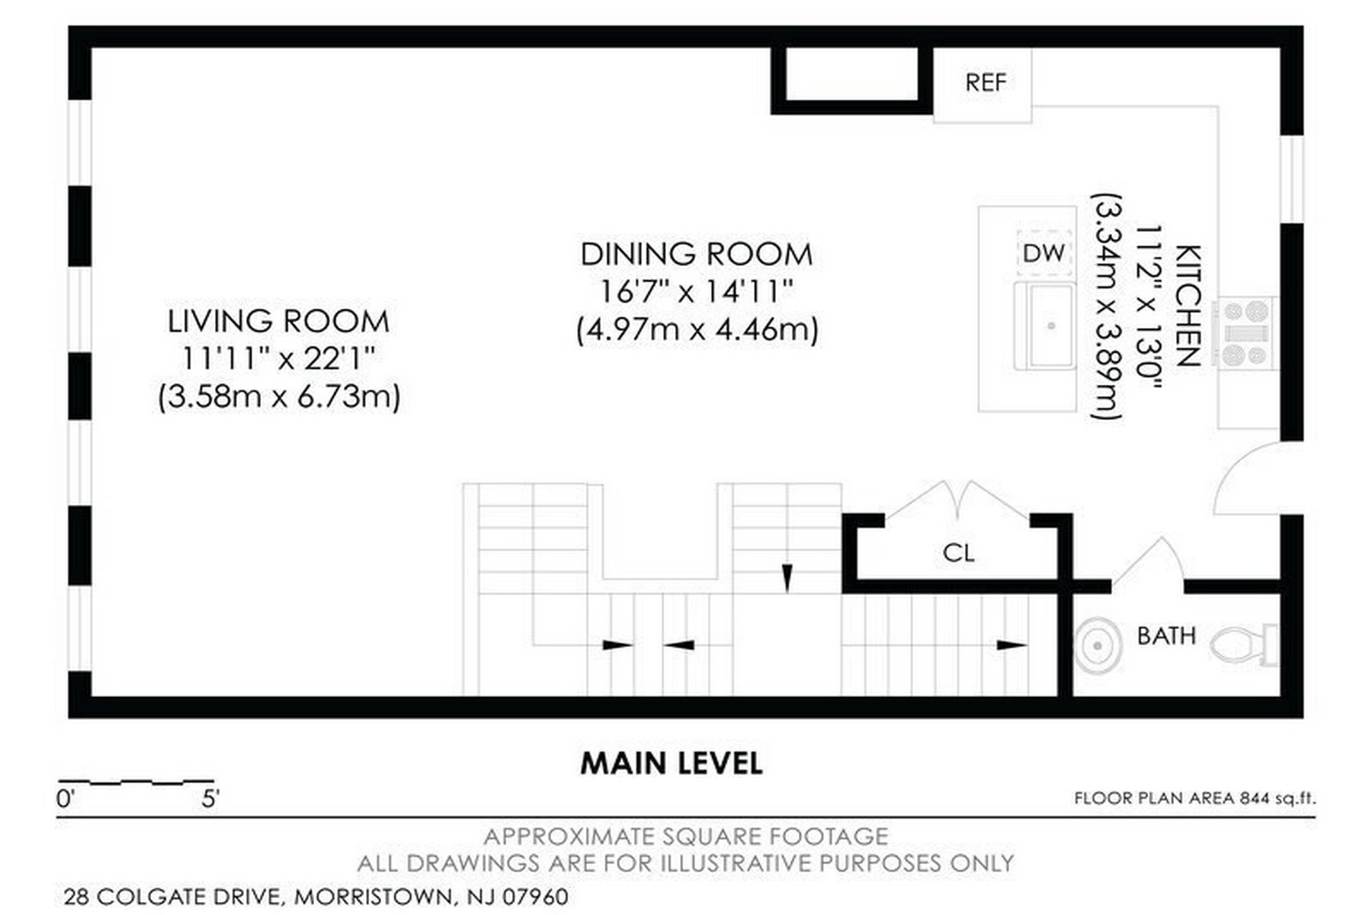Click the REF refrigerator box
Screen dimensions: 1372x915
[983, 85]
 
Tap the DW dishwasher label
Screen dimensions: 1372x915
[1043, 253]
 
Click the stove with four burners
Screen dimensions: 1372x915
[1245, 333]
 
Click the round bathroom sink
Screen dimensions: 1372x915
[1097, 645]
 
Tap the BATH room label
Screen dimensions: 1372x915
[1166, 636]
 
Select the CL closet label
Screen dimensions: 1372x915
[958, 553]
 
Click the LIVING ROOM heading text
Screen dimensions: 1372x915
[278, 322]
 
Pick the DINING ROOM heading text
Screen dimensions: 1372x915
[697, 255]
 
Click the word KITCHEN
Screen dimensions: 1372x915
[1188, 306]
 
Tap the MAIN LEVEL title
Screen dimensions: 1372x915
[672, 763]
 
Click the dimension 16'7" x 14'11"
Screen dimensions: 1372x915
[697, 291]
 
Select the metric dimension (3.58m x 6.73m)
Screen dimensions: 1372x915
[279, 397]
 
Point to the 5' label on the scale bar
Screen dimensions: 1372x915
[210, 800]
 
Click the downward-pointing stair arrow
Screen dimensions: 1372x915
[787, 578]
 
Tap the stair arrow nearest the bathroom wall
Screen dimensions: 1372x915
[1012, 645]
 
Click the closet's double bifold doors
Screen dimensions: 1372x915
[958, 499]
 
